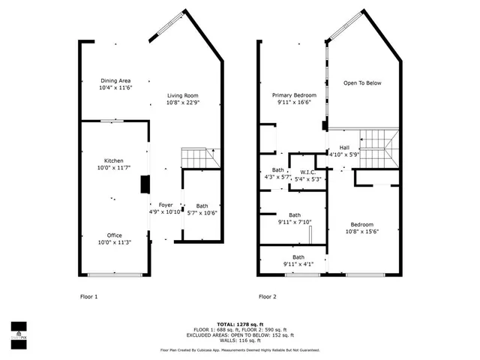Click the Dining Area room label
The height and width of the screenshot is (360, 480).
116,84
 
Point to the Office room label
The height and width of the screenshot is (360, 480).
114,238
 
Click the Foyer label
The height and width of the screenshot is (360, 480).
165,208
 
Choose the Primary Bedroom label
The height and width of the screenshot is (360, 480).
294,99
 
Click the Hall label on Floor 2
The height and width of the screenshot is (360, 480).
344,151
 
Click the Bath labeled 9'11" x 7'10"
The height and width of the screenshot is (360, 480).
294,217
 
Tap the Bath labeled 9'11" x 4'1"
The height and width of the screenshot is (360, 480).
294,260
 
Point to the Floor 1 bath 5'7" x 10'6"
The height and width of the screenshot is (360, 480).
202,209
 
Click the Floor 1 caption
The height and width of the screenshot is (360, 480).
89,296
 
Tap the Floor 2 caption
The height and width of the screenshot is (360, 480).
268,296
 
